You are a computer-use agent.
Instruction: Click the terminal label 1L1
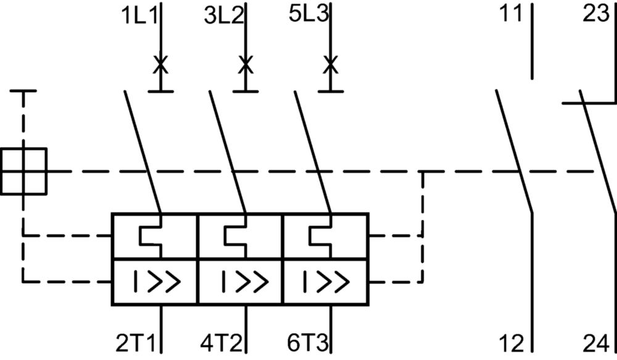[x=139, y=16]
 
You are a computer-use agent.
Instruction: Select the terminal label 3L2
[x=224, y=16]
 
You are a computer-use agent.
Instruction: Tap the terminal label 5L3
[x=308, y=14]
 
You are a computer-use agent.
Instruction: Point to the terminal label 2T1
[x=136, y=343]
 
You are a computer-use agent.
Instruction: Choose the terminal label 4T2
[x=221, y=343]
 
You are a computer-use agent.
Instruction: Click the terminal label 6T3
[x=307, y=343]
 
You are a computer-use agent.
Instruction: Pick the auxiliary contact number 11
[x=511, y=14]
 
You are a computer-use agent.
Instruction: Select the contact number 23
[x=596, y=14]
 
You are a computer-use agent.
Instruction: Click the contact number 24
[x=596, y=343]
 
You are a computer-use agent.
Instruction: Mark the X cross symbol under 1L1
[x=160, y=65]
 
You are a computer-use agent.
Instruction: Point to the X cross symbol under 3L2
[x=246, y=65]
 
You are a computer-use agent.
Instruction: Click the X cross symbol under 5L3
[x=331, y=65]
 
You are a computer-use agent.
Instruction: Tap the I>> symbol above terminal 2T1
[x=157, y=282]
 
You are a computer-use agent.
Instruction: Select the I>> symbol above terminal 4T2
[x=245, y=282]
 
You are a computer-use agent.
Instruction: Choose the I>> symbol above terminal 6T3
[x=326, y=282]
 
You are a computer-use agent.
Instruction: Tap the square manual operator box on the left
[x=23, y=171]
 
